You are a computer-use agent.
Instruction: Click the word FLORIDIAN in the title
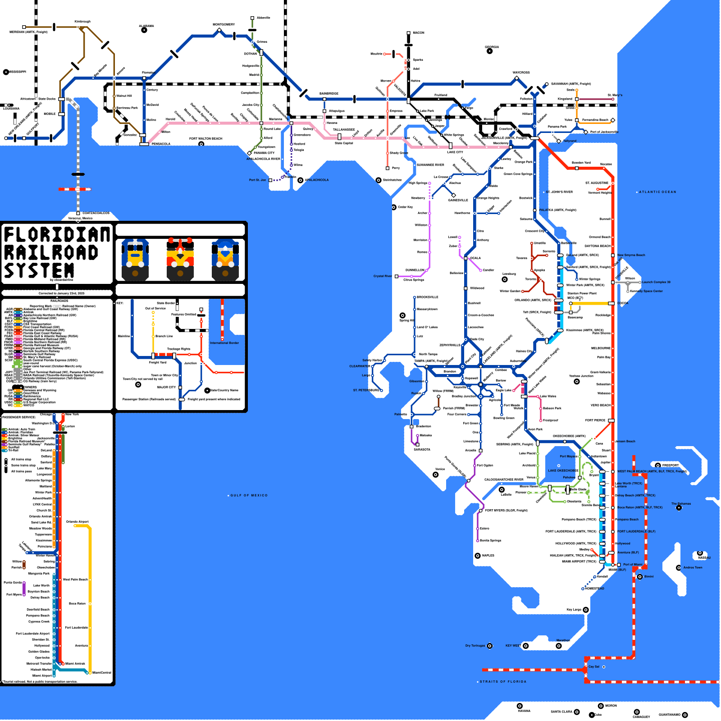click(57, 234)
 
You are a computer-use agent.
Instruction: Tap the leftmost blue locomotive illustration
click(135, 260)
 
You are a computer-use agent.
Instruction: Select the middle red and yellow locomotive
click(180, 260)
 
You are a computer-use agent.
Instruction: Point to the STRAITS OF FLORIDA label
click(503, 682)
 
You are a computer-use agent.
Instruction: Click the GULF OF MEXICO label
click(249, 495)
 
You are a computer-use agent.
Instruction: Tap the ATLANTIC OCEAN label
click(657, 192)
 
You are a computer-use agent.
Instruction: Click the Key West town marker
click(525, 646)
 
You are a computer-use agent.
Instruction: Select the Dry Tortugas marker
click(490, 646)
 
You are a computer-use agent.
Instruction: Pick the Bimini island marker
click(639, 577)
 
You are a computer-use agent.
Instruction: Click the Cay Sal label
click(594, 667)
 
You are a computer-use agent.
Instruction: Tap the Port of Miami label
click(633, 565)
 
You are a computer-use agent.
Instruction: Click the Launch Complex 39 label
click(656, 282)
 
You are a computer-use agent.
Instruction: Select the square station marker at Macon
click(408, 33)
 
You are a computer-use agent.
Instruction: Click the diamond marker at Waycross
click(517, 78)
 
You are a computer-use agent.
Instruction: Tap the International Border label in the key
click(224, 343)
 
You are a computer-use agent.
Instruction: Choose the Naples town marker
click(478, 556)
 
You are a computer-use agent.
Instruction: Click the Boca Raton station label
click(640, 507)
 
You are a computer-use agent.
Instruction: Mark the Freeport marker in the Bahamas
click(658, 465)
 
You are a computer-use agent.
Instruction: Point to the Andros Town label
click(693, 568)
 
